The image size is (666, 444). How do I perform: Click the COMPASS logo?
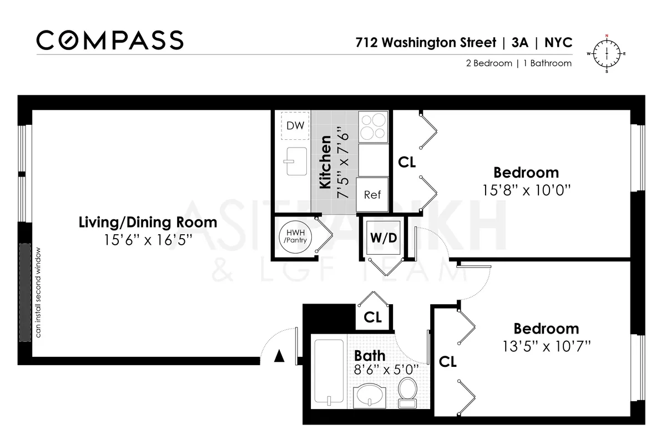pyautogui.click(x=110, y=40)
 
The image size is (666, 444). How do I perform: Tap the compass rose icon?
pyautogui.click(x=606, y=54)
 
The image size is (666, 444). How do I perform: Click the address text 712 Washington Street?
pyautogui.click(x=425, y=43)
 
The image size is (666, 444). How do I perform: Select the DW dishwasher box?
pyautogui.click(x=295, y=126)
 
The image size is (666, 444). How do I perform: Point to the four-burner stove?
pyautogui.click(x=372, y=127)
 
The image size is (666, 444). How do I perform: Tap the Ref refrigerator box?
pyautogui.click(x=372, y=194)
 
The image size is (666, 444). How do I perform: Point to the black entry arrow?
pyautogui.click(x=279, y=356)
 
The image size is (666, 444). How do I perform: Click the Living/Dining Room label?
pyautogui.click(x=148, y=223)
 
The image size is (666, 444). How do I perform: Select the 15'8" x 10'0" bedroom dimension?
pyautogui.click(x=526, y=190)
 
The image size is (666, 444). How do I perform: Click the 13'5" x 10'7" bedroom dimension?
pyautogui.click(x=544, y=347)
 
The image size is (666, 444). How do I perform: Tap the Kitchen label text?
pyautogui.click(x=325, y=164)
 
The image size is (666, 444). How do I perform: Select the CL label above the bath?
pyautogui.click(x=372, y=317)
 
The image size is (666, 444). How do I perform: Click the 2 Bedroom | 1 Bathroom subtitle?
pyautogui.click(x=518, y=63)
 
